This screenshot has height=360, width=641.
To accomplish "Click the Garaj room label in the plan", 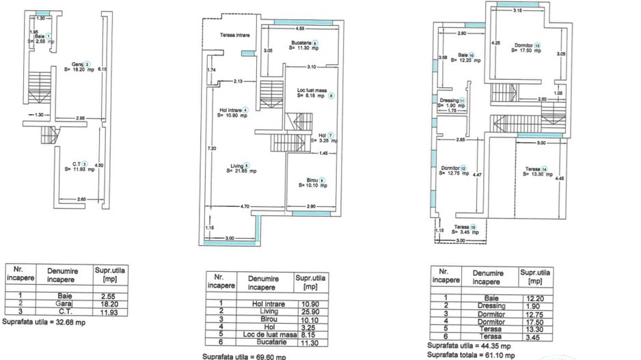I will (77, 64).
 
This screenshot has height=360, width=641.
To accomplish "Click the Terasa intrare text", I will (234, 35).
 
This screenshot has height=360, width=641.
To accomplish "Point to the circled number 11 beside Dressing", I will (462, 100).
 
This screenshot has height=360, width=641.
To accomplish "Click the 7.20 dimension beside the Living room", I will (213, 148).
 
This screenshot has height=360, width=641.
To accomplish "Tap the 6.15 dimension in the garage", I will (103, 69).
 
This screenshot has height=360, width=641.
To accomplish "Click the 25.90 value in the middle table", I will (311, 311).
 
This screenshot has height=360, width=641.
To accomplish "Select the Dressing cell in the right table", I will (491, 305).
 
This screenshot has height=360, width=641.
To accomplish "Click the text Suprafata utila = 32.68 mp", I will (44, 321).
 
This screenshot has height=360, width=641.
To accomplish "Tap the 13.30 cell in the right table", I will (536, 330).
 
